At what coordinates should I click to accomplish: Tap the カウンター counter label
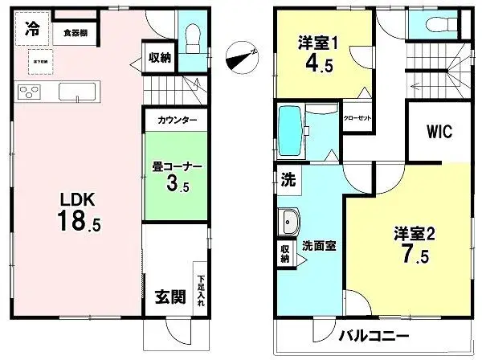176,120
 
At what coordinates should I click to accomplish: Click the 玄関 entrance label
165,297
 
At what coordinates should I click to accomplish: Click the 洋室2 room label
415,234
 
